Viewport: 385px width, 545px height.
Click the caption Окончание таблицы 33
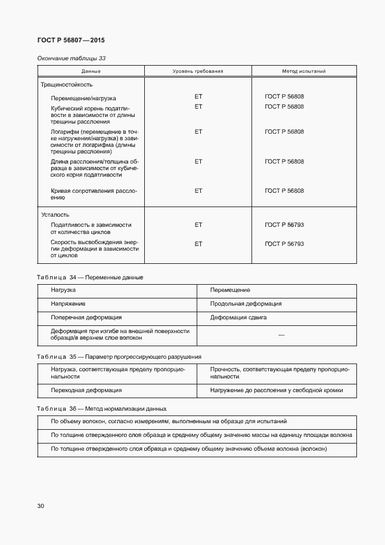point(72,58)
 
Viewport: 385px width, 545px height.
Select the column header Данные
point(91,71)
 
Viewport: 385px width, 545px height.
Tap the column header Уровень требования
point(198,71)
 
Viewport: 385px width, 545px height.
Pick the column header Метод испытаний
point(303,71)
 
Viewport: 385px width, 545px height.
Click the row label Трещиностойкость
point(67,85)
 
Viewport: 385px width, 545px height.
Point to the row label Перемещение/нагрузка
point(83,97)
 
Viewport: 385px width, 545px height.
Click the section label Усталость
point(55,214)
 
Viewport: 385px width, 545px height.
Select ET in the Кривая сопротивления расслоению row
point(198,191)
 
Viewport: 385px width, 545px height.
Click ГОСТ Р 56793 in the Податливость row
point(284,225)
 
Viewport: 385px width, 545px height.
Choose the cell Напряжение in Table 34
point(68,304)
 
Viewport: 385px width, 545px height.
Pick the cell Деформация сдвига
point(238,318)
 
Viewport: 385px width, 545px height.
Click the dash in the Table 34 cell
point(281,335)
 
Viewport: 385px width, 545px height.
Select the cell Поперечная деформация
point(86,318)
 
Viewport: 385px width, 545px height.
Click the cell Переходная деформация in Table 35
point(86,390)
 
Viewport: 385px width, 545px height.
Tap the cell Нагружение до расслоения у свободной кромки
point(276,390)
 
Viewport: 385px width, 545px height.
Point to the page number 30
point(41,506)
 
